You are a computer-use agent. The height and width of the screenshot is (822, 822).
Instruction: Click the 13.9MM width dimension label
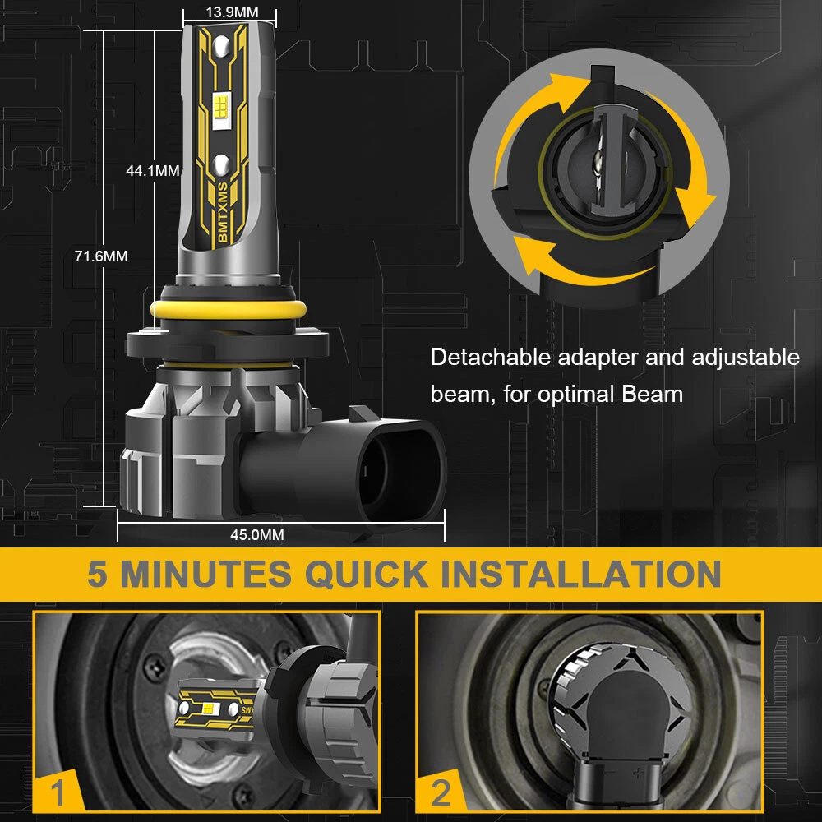232,12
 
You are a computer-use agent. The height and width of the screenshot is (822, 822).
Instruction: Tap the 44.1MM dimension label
153,170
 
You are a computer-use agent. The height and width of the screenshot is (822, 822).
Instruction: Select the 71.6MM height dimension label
101,256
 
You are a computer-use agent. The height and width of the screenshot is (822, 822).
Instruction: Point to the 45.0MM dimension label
256,535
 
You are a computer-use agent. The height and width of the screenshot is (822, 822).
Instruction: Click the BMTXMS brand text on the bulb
222,212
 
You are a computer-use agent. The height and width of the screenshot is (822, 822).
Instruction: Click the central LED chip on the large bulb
220,111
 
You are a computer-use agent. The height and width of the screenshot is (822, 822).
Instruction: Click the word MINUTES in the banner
206,574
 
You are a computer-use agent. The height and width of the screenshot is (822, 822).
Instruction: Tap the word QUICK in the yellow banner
367,574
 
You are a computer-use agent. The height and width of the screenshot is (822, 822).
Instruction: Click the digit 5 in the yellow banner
98,574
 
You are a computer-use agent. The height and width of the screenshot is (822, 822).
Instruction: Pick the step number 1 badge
58,792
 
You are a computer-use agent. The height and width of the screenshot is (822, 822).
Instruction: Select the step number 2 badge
441,792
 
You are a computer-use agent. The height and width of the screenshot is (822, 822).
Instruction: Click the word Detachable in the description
490,357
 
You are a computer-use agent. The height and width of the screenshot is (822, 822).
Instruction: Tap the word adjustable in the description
746,358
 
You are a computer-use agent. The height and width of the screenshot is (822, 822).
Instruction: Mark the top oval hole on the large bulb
221,45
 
